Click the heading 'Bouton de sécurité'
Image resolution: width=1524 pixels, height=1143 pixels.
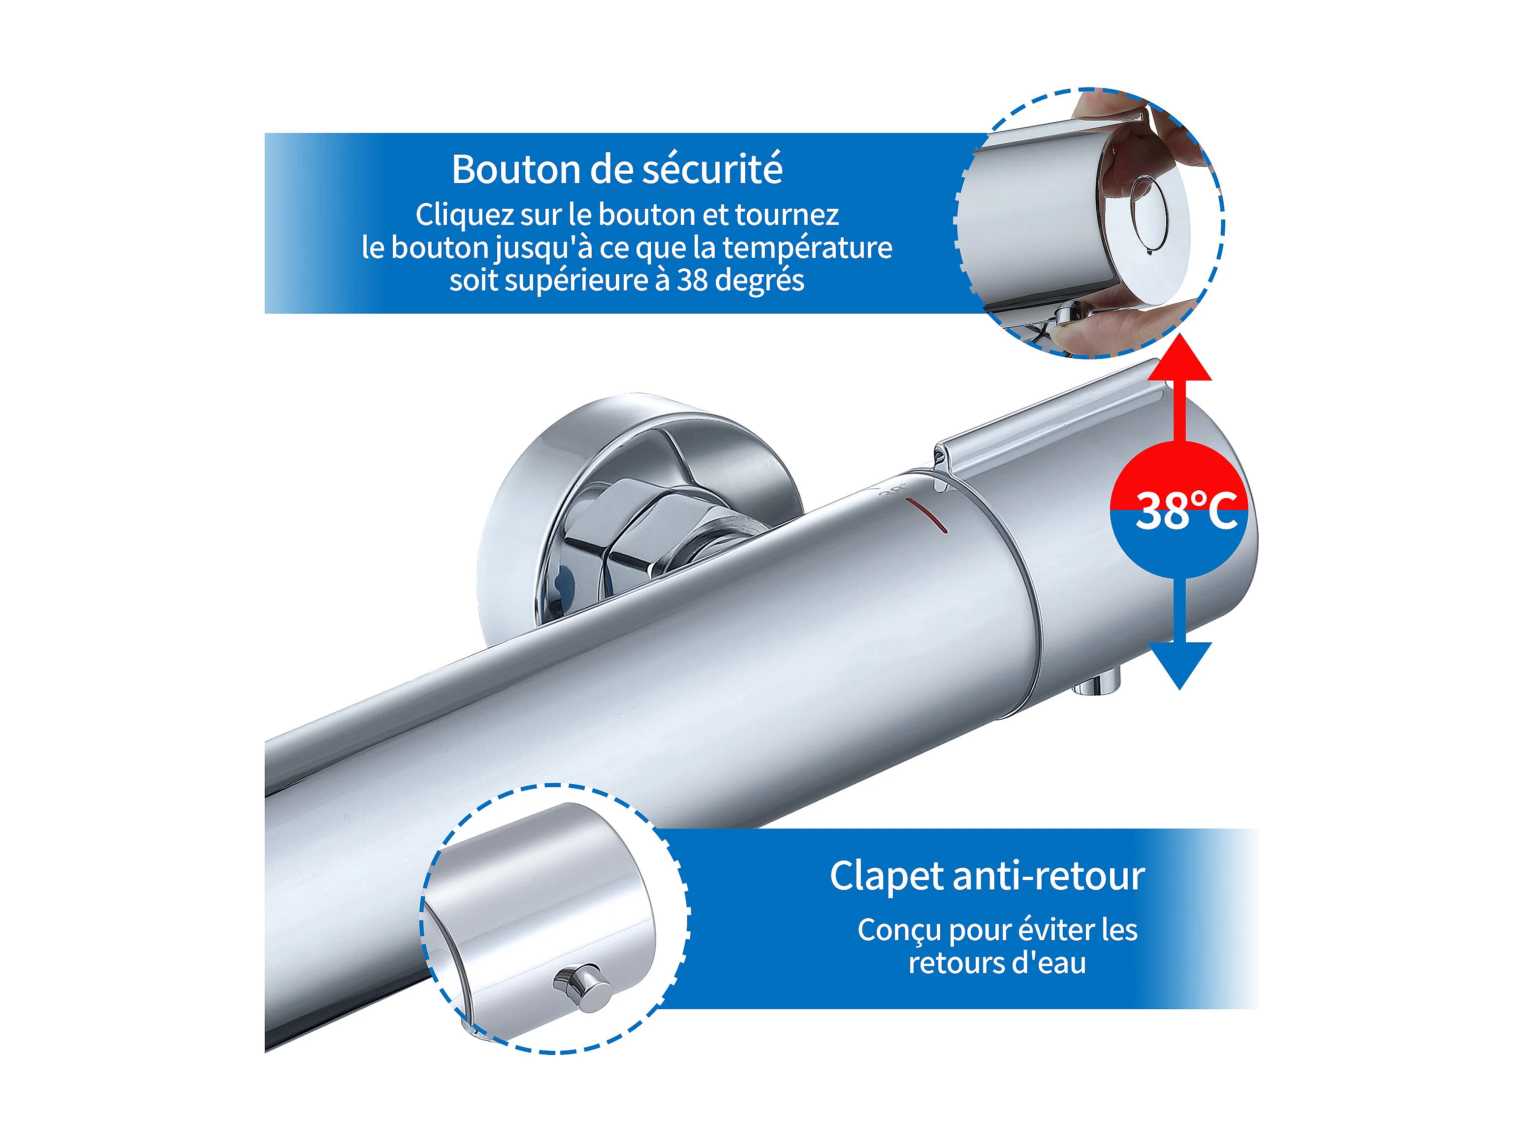617,169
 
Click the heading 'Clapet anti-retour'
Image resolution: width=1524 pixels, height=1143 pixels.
986,876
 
